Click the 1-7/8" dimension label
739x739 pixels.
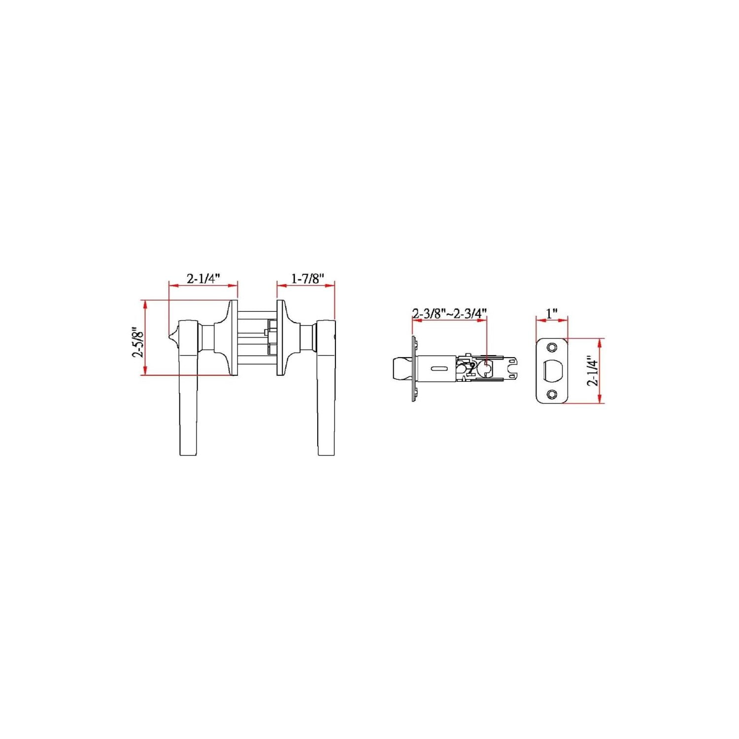pos(307,279)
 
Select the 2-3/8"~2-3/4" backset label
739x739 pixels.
pos(450,313)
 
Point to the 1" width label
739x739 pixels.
pos(552,313)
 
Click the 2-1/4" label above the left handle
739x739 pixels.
pos(203,279)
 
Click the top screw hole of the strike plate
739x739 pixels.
pos(552,348)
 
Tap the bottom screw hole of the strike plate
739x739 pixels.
pos(552,394)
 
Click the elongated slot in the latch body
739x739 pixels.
pos(438,369)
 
